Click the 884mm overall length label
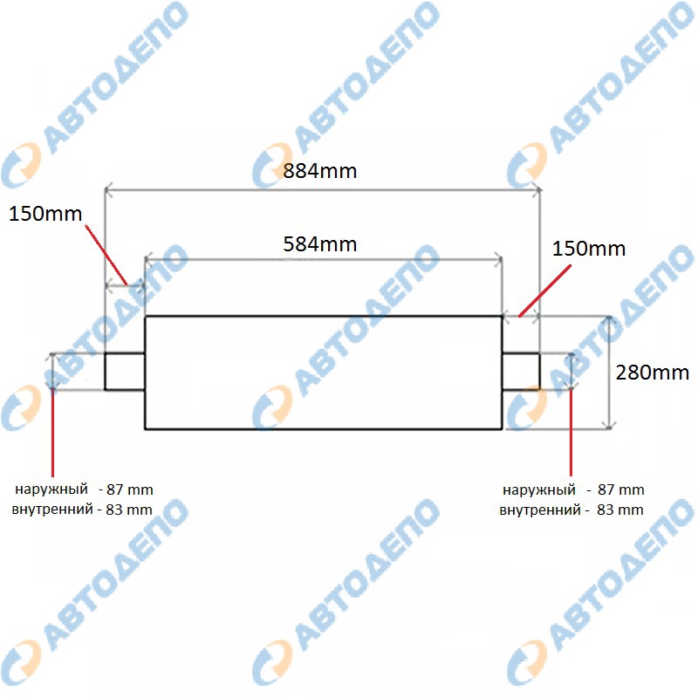coord(320,171)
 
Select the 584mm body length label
coord(320,244)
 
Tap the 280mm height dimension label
coord(652,373)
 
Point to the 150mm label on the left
coord(45,214)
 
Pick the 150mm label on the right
coord(589,249)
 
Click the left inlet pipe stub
coord(125,372)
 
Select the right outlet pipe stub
coord(521,372)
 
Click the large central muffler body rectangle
coord(324,373)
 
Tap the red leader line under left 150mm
coord(106,255)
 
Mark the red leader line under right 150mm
coord(544,291)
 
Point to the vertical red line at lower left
coord(52,433)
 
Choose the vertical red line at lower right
coord(571,433)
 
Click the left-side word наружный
coord(51,489)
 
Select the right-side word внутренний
coord(540,510)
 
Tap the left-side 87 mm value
coord(130,489)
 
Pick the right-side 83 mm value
coord(620,510)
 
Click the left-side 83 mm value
coord(129,510)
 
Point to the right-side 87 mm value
coord(621,489)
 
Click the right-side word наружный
coord(539,490)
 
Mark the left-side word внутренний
coord(52,510)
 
